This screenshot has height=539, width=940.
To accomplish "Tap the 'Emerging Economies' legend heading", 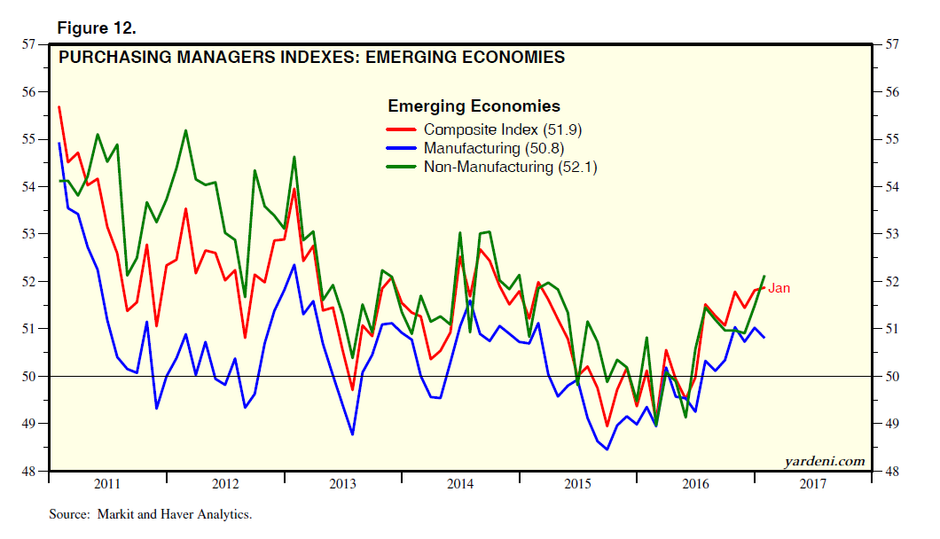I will [474, 106].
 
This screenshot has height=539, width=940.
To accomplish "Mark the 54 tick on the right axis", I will [890, 186].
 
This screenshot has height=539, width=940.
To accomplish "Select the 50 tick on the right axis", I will [890, 376].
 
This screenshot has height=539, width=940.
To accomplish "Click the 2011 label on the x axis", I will [106, 484].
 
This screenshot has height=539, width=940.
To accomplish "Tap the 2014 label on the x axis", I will [460, 484].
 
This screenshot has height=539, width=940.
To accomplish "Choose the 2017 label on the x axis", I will [814, 484].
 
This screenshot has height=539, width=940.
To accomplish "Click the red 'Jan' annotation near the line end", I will [779, 288].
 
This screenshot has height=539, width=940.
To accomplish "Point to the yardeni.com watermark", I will [824, 461].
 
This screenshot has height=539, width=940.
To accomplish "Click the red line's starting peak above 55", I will [58, 107].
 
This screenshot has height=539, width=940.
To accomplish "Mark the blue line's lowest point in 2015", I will [607, 449].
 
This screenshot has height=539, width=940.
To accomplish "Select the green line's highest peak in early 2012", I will [185, 131].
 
